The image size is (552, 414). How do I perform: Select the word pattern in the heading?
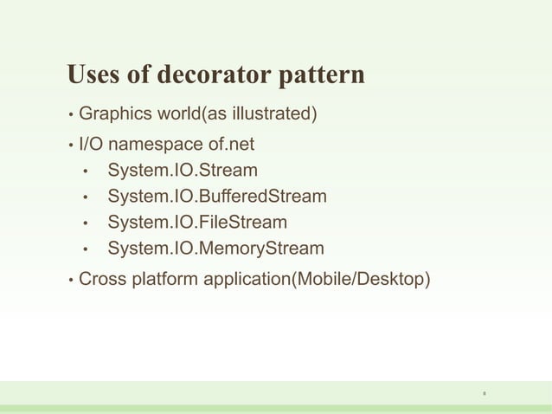pos(321,76)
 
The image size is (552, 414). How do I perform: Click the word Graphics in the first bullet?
pos(113,114)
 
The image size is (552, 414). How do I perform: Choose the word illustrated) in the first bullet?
pos(273,114)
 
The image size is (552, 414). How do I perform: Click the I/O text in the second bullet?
pos(90,142)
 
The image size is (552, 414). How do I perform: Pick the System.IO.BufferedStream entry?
pos(217,197)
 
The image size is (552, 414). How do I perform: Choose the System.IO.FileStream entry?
pos(197,223)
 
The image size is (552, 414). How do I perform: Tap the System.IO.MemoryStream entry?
pos(216,249)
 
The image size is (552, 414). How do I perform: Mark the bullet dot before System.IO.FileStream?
pos(86,223)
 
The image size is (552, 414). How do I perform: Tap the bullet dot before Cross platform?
pos(70,281)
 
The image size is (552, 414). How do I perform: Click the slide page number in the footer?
pos(484,395)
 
